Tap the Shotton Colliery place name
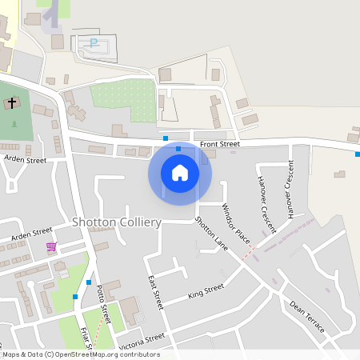click(117, 222)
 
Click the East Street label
click(155, 293)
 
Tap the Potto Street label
click(102, 299)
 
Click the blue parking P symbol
click(94, 43)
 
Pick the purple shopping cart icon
click(51, 246)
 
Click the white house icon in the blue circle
click(179, 173)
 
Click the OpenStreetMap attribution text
click(80, 354)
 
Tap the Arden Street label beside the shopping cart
click(32, 233)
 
